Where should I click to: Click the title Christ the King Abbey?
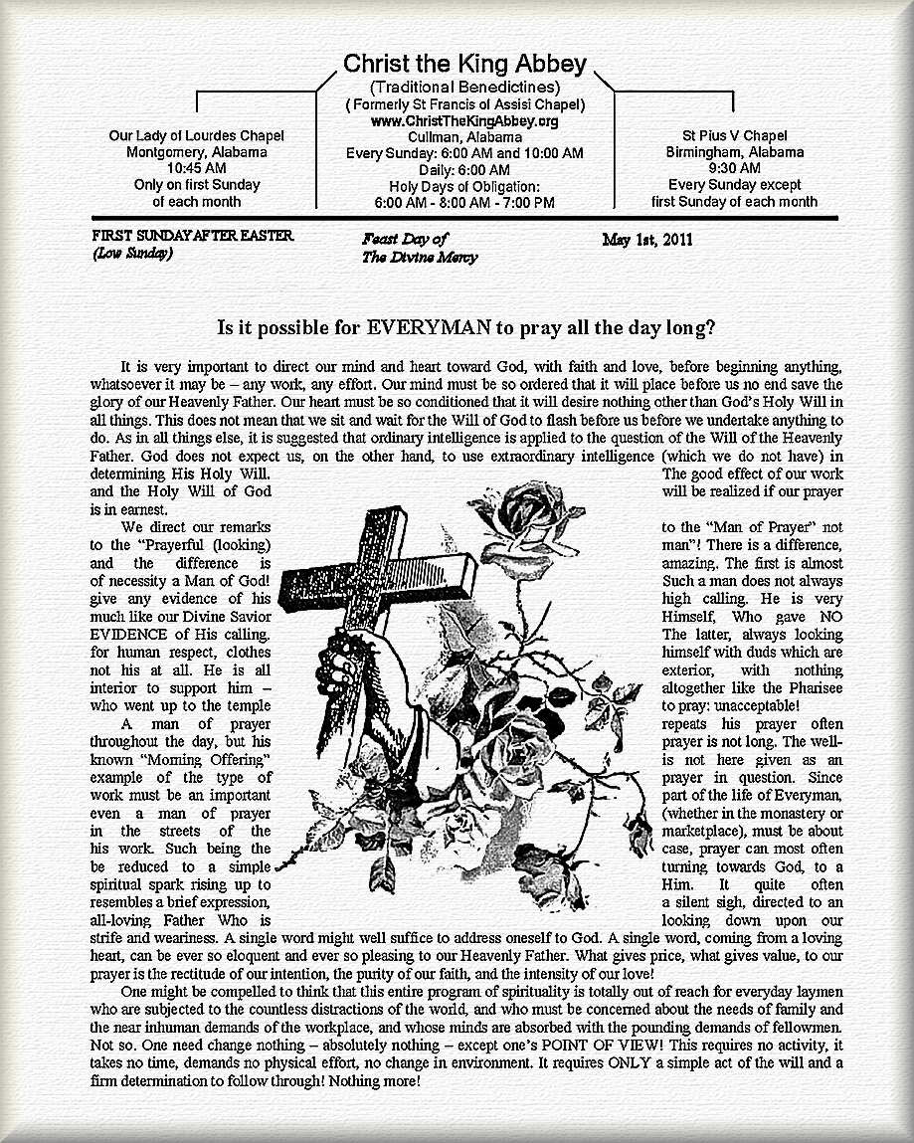click(x=464, y=65)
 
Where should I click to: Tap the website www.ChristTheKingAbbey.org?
click(x=464, y=120)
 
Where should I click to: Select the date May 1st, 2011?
click(x=647, y=240)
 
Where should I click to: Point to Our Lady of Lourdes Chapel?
click(x=196, y=135)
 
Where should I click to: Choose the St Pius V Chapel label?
click(x=734, y=135)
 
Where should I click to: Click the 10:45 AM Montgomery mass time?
click(x=196, y=168)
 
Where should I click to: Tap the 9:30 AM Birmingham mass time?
click(x=734, y=168)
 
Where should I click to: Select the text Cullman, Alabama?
click(x=464, y=136)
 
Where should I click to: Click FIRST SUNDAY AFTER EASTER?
click(x=192, y=237)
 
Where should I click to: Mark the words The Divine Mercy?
click(x=420, y=258)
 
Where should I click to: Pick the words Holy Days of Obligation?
click(x=464, y=186)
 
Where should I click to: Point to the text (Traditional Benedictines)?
click(x=464, y=88)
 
